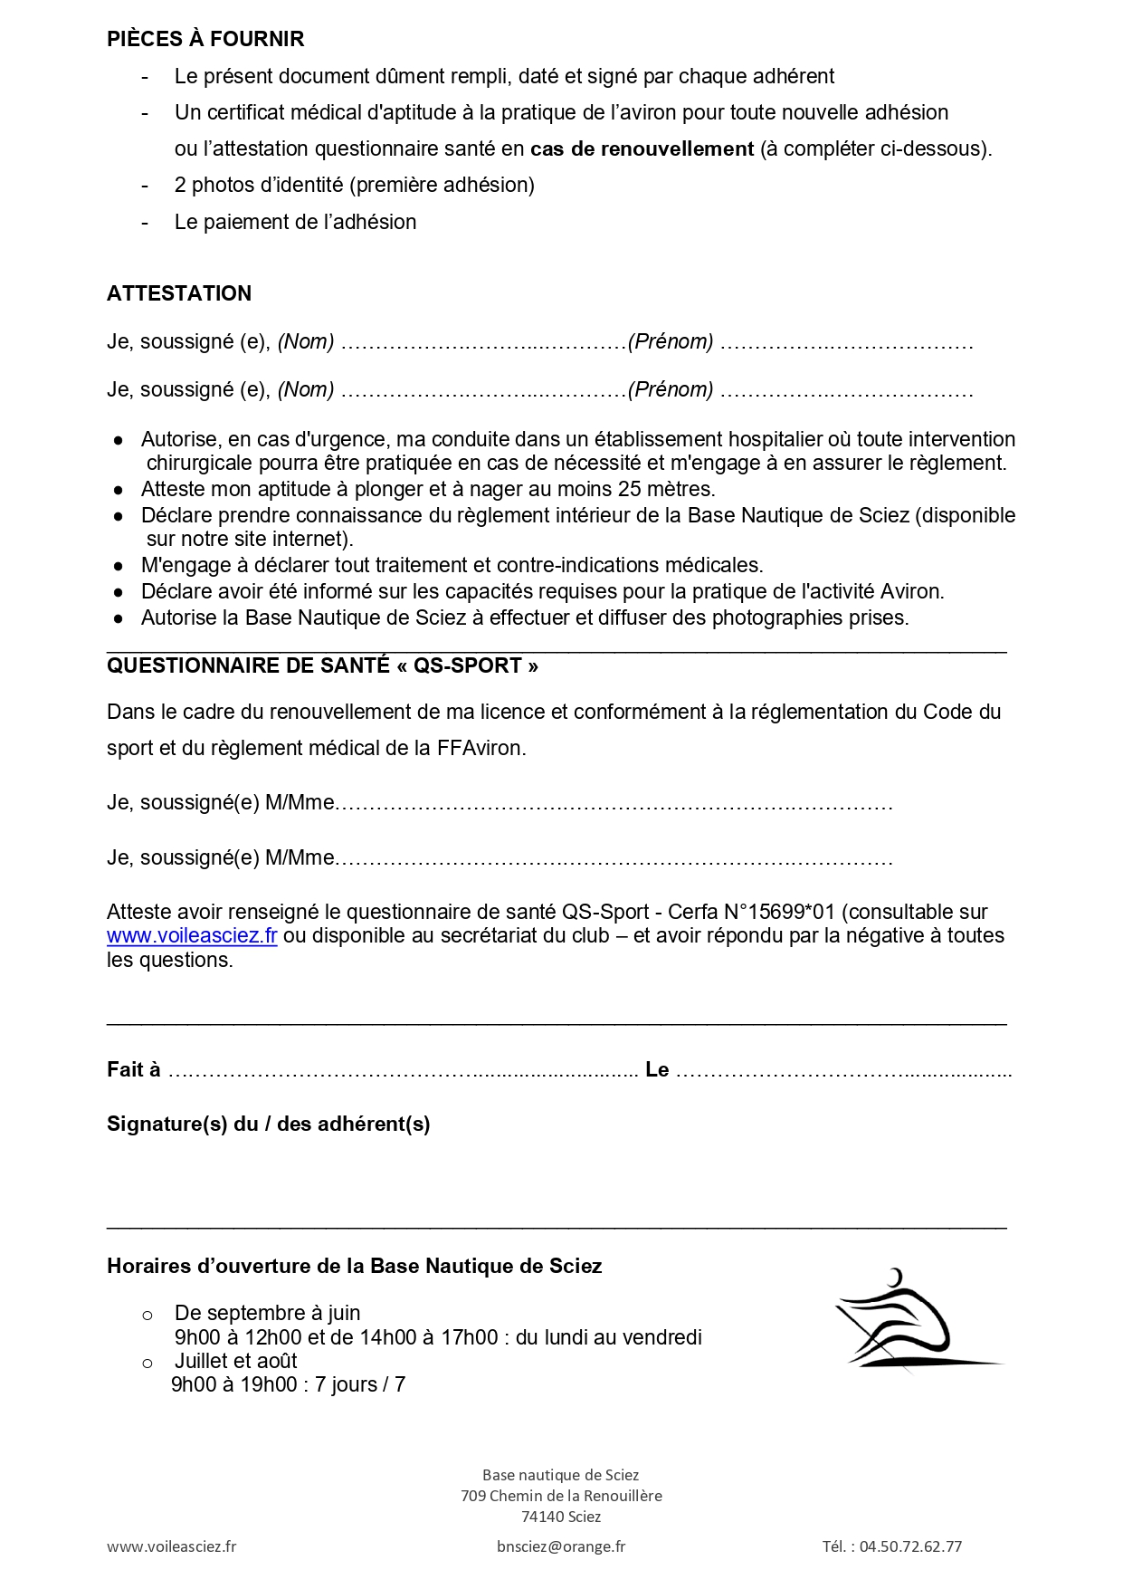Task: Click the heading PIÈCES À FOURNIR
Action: [x=205, y=39]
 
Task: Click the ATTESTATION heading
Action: [x=179, y=293]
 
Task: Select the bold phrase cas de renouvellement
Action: [x=642, y=148]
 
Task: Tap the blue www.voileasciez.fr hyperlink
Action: [x=192, y=936]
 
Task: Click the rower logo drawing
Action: [x=914, y=1320]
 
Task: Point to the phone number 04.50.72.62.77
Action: [x=910, y=1546]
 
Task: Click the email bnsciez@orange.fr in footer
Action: [x=561, y=1546]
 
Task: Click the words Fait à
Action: [x=134, y=1070]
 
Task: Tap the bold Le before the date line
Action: [x=657, y=1070]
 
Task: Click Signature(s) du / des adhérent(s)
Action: [x=268, y=1124]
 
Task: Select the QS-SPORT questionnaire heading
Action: [x=322, y=665]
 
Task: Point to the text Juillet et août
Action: [x=235, y=1361]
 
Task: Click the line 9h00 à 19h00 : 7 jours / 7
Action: [x=288, y=1384]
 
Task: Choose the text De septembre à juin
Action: [x=267, y=1313]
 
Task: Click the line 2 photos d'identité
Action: [x=354, y=185]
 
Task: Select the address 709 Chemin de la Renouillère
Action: [x=561, y=1496]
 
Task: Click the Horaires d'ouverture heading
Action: [x=354, y=1266]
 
